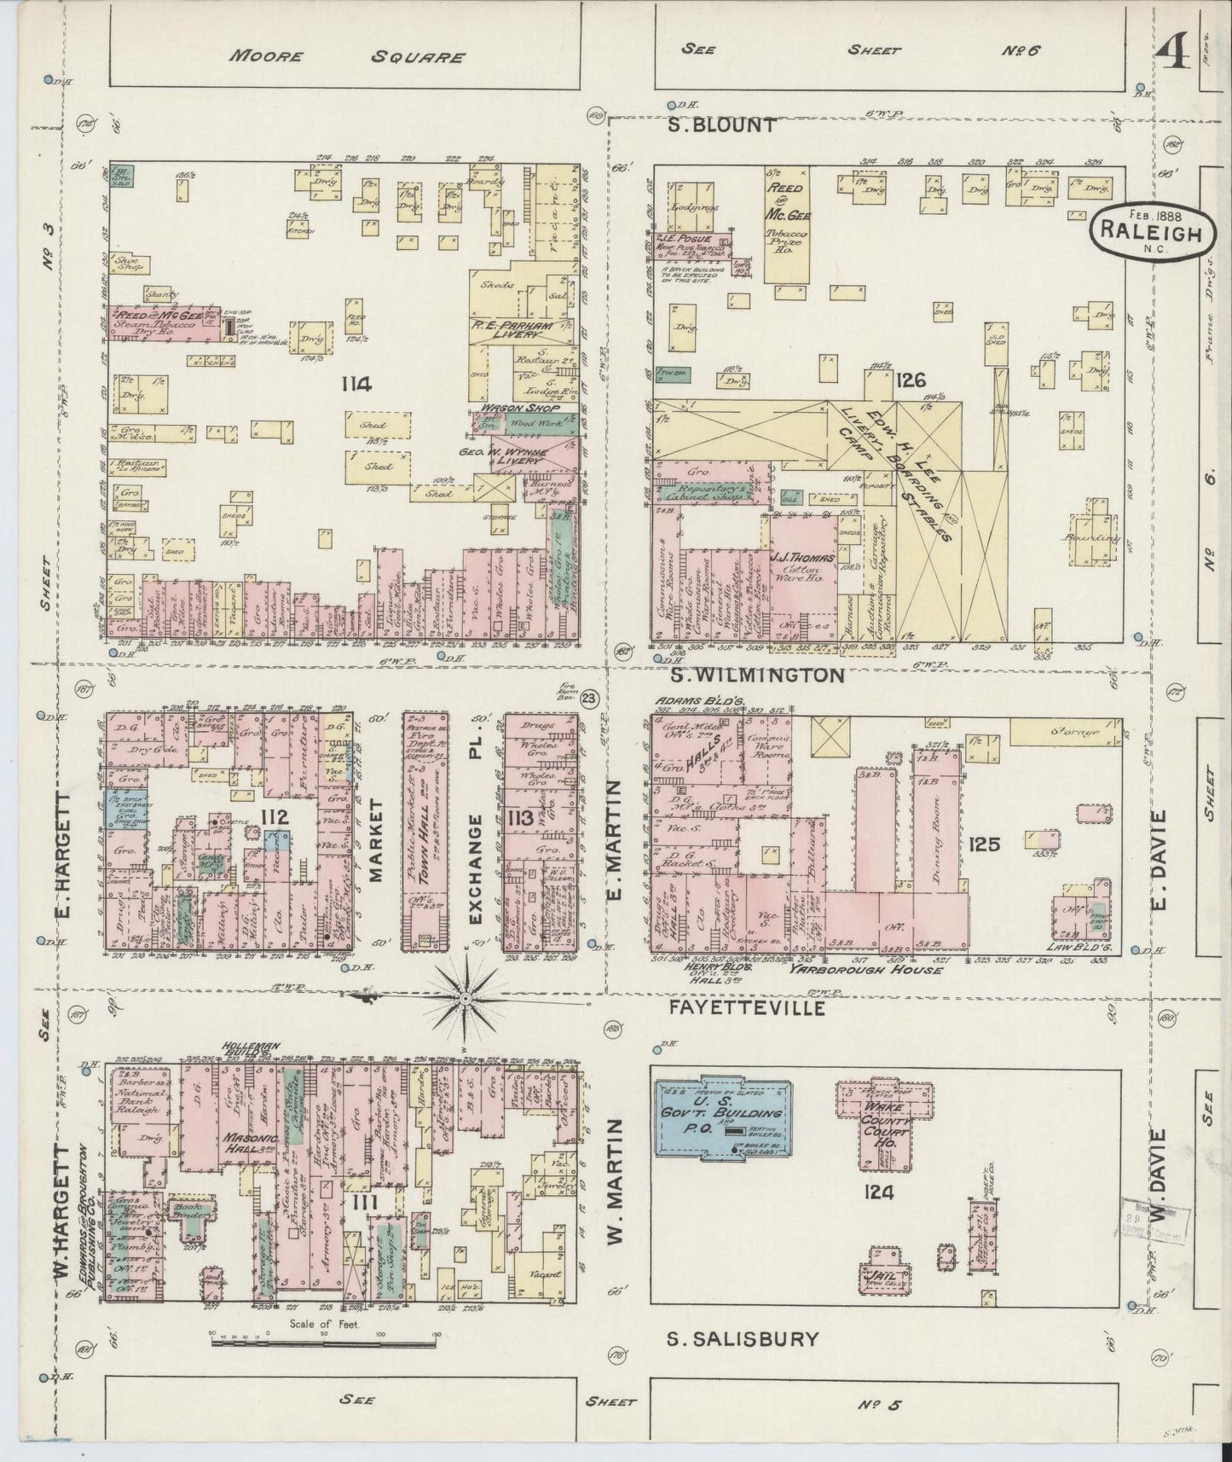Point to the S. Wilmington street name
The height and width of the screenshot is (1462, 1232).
pyautogui.click(x=755, y=676)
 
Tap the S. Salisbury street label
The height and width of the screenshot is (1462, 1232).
pyautogui.click(x=742, y=1339)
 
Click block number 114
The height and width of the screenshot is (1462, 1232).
pyautogui.click(x=356, y=385)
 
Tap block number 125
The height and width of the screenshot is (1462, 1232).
pyautogui.click(x=983, y=844)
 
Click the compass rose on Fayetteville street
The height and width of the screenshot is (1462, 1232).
pyautogui.click(x=466, y=998)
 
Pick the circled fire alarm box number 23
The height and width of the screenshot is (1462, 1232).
pyautogui.click(x=588, y=698)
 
